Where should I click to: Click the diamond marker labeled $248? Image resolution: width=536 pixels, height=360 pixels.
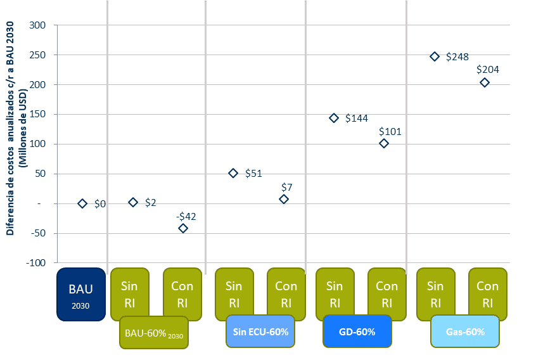[x=435, y=56]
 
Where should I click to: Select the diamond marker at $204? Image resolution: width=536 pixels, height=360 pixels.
[x=485, y=82]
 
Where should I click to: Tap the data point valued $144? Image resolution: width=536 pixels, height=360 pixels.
[x=334, y=118]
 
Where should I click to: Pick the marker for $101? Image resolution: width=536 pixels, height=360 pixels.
[x=384, y=143]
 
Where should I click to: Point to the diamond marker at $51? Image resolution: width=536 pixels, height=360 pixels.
[x=233, y=173]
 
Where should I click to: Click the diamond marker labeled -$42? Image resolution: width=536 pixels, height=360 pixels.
[x=183, y=228]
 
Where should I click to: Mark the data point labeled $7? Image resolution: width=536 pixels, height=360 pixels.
[x=284, y=199]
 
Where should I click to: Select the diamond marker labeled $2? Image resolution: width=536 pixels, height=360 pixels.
[x=133, y=202]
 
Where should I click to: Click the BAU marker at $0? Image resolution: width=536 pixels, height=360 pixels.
[x=82, y=203]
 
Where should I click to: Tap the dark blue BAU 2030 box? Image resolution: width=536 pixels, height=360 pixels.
[x=80, y=294]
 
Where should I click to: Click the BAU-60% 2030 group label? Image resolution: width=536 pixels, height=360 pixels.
[x=154, y=332]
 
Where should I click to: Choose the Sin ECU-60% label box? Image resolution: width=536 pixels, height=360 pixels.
[x=260, y=331]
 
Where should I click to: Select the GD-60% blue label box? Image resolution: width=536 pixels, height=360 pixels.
[x=357, y=331]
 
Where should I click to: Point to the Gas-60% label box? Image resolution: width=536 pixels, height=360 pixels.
[x=465, y=331]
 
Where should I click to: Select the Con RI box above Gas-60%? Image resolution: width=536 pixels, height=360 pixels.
[x=487, y=294]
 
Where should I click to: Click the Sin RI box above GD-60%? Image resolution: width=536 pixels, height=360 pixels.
[x=335, y=294]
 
